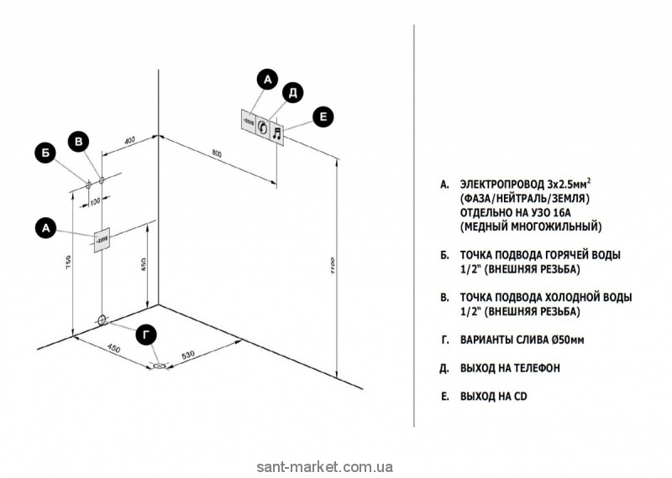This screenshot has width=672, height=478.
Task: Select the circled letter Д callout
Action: pos(291,93)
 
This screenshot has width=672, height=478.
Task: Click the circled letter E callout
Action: pos(323,118)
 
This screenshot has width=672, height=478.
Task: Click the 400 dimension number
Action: pos(130,139)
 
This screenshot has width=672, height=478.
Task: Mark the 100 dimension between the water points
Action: pos(94,201)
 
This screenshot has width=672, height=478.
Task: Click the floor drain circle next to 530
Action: pos(159,366)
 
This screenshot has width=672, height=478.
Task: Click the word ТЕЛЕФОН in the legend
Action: pos(534,367)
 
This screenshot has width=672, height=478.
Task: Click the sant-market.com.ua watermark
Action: pos(335,467)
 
